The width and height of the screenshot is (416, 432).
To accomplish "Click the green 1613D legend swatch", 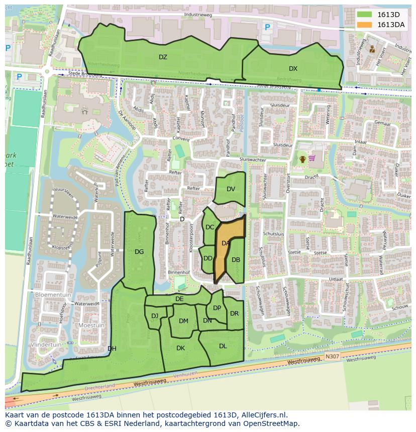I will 365,15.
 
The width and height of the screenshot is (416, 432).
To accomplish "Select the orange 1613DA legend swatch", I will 365,25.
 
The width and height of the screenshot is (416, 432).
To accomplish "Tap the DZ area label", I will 163,57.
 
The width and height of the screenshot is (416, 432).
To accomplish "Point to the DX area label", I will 293,69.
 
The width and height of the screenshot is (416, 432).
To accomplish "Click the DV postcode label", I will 231,189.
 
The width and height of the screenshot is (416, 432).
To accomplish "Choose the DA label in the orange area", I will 226,243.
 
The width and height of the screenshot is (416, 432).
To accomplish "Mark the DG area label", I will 139,252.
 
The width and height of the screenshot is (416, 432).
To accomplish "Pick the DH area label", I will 112,349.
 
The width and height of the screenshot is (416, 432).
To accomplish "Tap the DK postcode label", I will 180,348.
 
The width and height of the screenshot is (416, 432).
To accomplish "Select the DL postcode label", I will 223,346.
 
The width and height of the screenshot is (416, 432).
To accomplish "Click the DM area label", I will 183,321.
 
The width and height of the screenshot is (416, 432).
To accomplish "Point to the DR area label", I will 234,314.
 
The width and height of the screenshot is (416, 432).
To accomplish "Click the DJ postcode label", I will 155,316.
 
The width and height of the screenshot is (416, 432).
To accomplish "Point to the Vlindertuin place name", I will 46,345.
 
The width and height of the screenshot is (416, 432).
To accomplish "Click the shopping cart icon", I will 312,159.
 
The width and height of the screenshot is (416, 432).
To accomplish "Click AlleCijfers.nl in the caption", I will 264,415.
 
